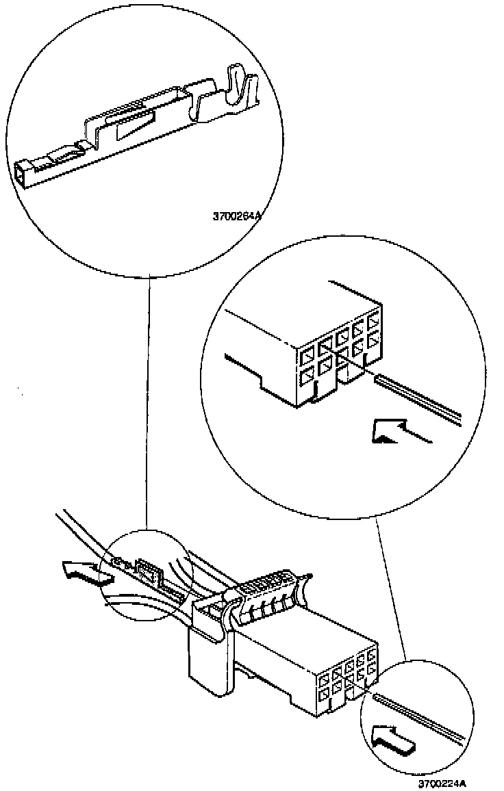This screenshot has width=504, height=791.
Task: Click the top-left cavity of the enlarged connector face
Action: [x=306, y=354]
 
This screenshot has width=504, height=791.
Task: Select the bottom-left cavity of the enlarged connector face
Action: [x=306, y=376]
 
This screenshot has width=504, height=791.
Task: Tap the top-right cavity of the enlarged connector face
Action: [x=373, y=320]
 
